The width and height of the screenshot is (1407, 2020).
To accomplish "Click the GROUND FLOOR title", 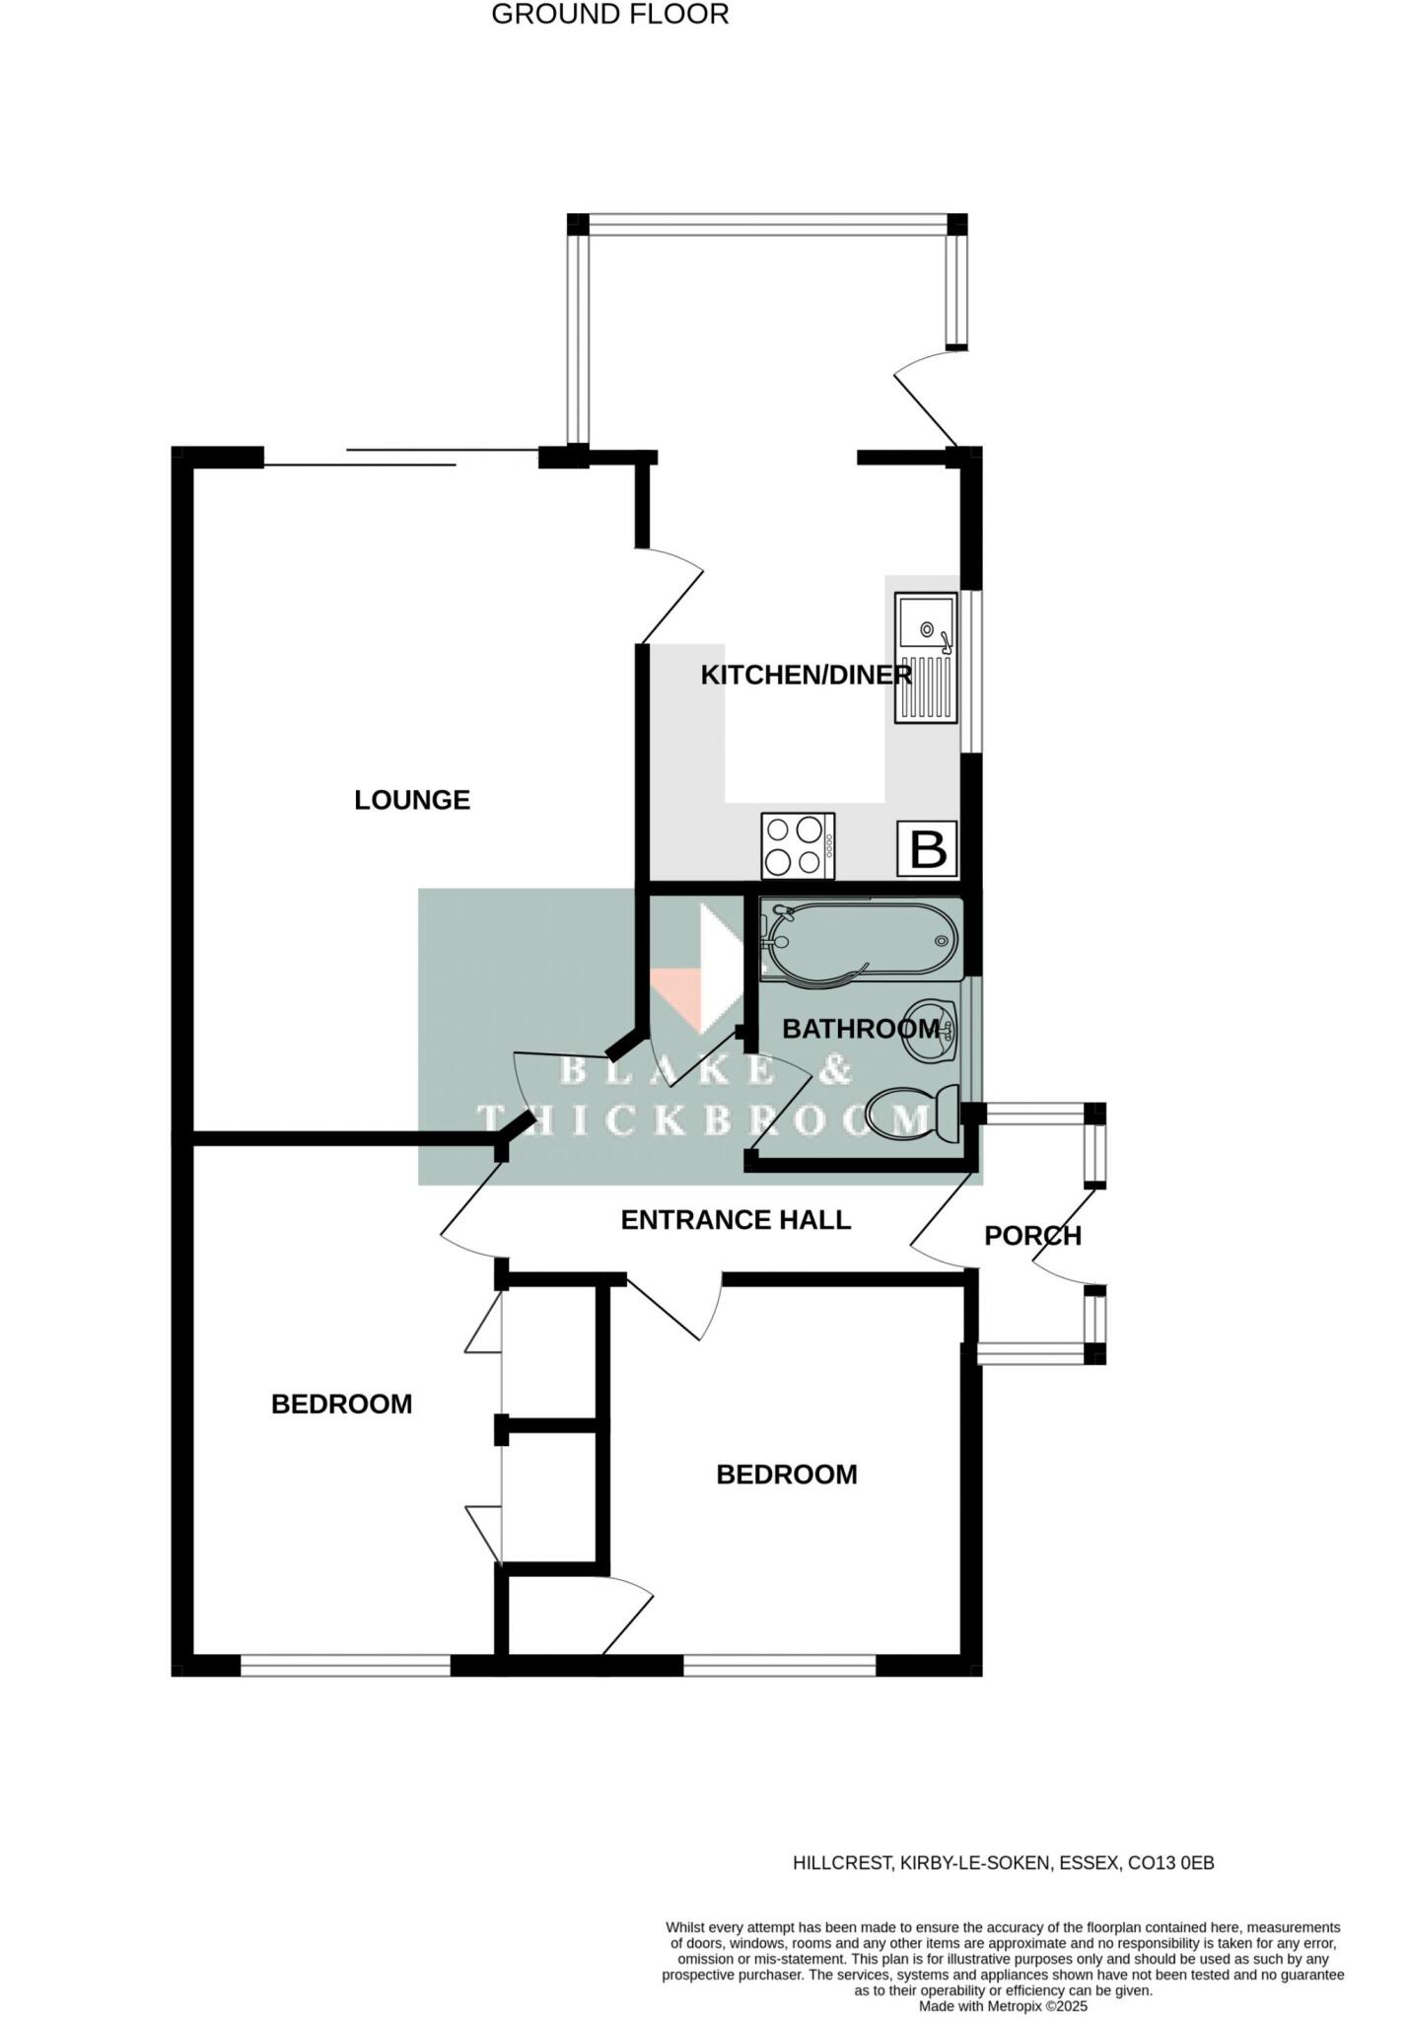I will pos(609,15).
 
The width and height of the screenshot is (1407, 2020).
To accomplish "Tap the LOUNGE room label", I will pos(412,800).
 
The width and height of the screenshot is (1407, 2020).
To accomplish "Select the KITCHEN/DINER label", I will pos(806,676).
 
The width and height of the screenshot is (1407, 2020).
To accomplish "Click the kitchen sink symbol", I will pos(926,657).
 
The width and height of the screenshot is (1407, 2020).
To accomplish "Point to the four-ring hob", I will pos(798,846).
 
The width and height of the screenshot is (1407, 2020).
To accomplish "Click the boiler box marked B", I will pos(927,848).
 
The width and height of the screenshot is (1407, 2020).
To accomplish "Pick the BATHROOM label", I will pos(861,1030).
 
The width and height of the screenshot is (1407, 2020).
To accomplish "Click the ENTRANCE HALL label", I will pos(736,1220).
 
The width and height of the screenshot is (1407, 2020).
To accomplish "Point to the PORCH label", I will pos(1032,1236).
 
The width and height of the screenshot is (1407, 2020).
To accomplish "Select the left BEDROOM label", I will pos(341,1405).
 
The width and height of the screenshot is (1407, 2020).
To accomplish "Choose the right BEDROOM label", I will pos(786,1475).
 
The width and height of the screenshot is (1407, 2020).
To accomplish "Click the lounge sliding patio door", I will pos(401,458).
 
